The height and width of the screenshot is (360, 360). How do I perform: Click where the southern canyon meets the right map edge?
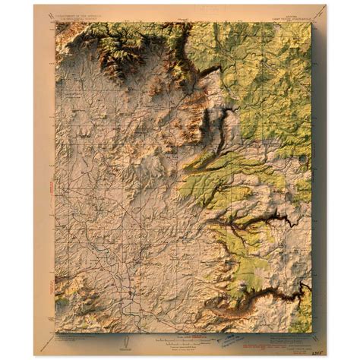coord(307,289)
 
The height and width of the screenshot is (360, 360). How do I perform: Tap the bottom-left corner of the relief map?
coord(56,330)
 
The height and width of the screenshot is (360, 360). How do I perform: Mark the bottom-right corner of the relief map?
coord(311,330)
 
